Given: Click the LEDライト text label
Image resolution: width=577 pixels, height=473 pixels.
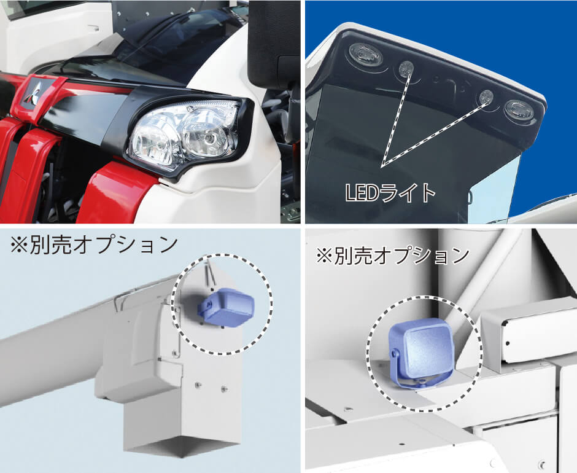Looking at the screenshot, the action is (x=390, y=192).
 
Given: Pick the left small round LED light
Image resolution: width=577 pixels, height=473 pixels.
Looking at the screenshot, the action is (x=406, y=68).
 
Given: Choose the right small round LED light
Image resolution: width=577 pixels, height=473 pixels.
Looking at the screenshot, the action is (x=486, y=97).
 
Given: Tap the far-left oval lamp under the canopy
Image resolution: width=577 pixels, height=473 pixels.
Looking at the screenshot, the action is (x=366, y=53).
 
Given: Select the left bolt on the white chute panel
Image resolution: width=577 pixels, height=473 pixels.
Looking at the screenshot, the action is (x=197, y=385).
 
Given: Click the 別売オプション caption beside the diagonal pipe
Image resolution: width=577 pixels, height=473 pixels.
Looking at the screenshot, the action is (x=392, y=256).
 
